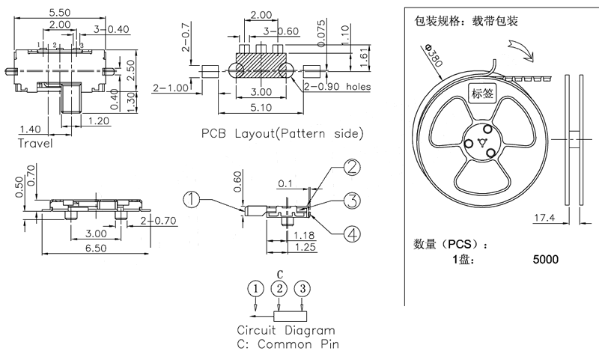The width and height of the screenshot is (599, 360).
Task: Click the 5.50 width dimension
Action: coord(60,13)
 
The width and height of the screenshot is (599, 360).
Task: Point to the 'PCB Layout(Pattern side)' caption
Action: coord(282,134)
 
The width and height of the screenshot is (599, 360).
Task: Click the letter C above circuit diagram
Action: coord(279,274)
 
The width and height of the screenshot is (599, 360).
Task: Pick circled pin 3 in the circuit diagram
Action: coord(302,289)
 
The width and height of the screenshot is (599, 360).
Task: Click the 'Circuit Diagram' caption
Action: coord(285,330)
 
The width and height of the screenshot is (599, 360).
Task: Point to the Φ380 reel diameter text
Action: coord(433,58)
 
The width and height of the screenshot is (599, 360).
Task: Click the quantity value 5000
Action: coord(545,260)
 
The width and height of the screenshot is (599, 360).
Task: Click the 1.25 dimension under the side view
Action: coord(304,247)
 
